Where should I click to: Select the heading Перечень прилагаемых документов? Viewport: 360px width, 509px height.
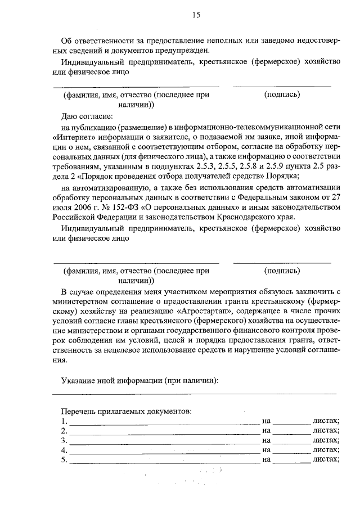[127, 411]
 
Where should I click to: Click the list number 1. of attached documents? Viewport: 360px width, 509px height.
[65, 421]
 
